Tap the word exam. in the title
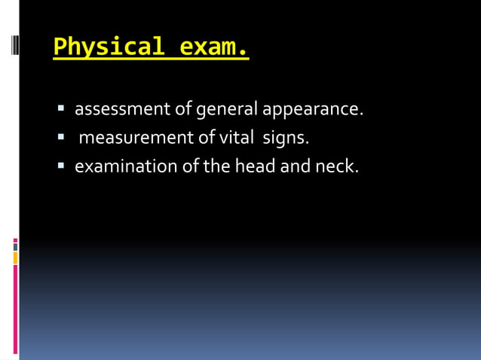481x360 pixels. [x=214, y=47]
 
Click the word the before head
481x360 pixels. [x=216, y=166]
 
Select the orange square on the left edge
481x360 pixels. [x=15, y=258]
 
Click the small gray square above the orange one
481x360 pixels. [x=15, y=246]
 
